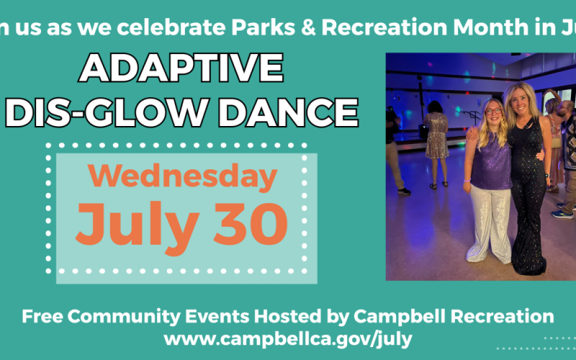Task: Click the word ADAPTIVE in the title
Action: [x=181, y=69]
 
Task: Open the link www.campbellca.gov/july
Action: [x=288, y=336]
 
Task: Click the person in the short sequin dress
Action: [x=436, y=137]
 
